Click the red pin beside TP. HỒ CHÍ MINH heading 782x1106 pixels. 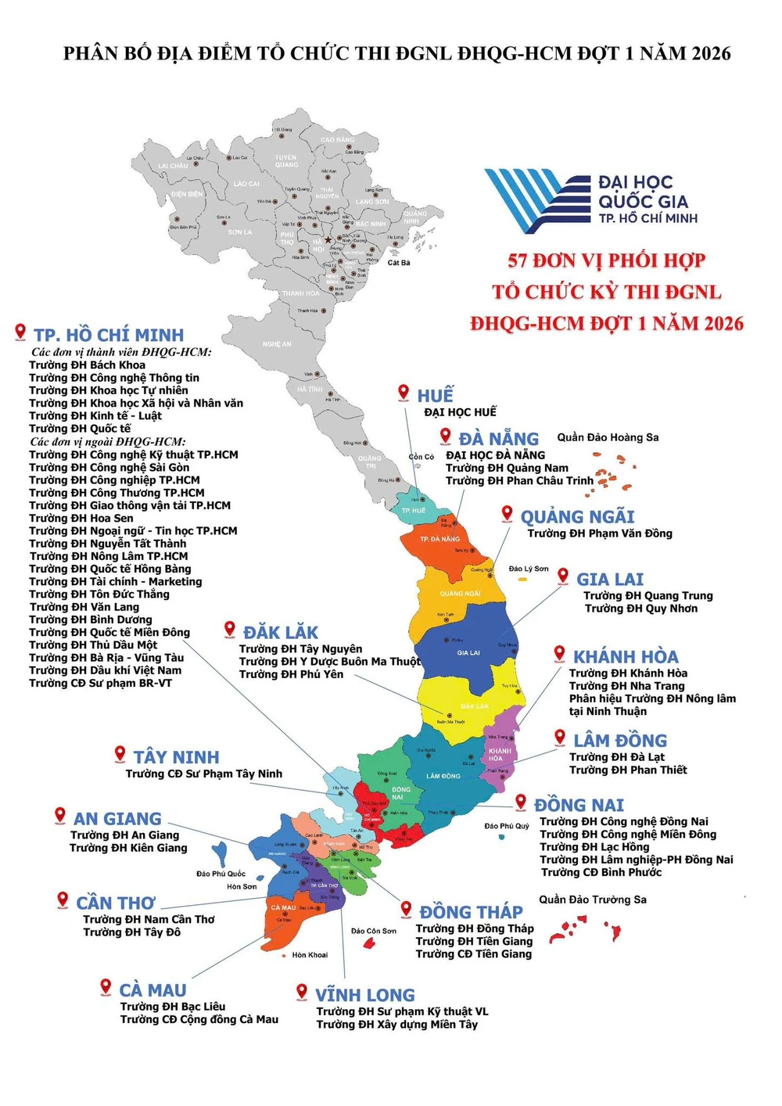20,332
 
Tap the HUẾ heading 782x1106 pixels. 435,395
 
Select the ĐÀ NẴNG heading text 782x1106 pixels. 498,439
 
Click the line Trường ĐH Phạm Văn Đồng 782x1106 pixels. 600,533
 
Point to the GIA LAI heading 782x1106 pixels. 610,580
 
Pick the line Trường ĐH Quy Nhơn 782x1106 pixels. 640,609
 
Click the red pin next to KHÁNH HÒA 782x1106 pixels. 559,654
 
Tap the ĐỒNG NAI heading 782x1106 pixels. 579,806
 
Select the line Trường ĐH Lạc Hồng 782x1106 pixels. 594,847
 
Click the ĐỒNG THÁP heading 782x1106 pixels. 471,912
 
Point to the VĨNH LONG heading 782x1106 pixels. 364,996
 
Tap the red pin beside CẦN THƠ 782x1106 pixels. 63,900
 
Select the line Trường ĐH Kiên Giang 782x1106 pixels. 128,848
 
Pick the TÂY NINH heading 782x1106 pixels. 176,757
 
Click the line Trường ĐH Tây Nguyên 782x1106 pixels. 300,649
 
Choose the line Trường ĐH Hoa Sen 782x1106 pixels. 81,518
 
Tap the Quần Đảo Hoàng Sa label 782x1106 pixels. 608,437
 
